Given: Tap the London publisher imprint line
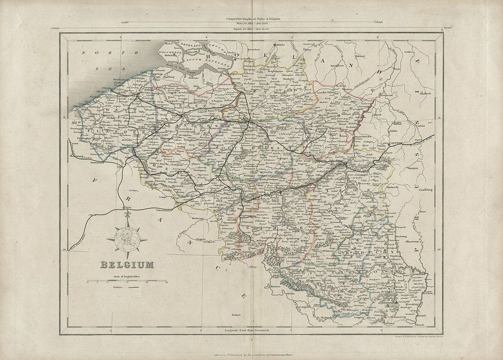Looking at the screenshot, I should point(251,355).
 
